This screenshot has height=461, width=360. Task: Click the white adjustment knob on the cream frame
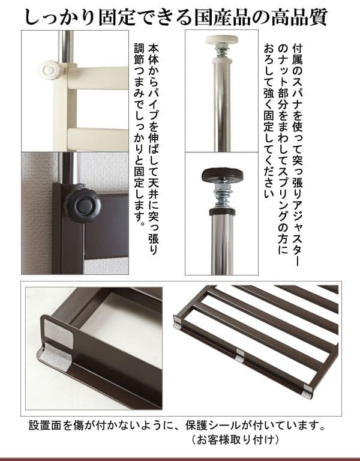coord(49,70)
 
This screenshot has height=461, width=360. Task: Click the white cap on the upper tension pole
coord(223,40)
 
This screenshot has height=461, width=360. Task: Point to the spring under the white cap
coord(222,52)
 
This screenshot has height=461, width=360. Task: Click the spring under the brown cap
coord(222,196)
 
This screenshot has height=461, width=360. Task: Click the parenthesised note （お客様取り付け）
coord(235,440)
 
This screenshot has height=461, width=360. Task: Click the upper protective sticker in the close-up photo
coord(59,332)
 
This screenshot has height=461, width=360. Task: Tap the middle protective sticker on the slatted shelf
coord(240,355)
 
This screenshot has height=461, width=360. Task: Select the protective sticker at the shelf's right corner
coord(308,391)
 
